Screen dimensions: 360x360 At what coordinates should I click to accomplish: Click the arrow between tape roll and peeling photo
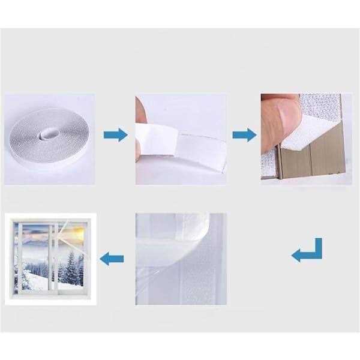[115, 134]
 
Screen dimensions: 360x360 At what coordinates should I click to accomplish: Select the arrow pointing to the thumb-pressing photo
[244, 134]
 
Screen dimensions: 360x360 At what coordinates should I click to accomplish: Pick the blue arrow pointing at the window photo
[112, 259]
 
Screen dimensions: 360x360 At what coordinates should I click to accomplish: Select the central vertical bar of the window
[53, 258]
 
